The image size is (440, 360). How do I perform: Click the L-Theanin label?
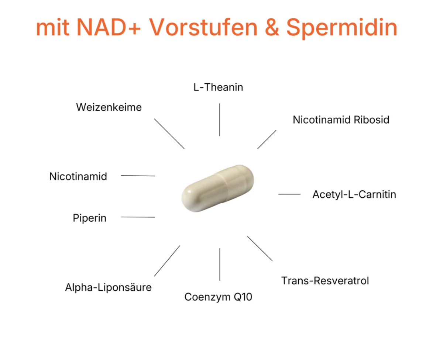click(x=218, y=87)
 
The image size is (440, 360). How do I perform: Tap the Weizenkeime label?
click(x=109, y=107)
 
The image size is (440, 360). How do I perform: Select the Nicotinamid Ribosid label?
click(x=341, y=120)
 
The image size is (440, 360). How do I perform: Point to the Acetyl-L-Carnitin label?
click(x=354, y=194)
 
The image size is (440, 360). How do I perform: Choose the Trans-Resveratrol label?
click(x=325, y=281)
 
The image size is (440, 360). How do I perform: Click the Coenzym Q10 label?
click(x=218, y=297)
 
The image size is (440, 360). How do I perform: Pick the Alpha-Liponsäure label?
click(x=108, y=288)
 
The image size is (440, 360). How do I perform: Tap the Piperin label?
click(x=90, y=218)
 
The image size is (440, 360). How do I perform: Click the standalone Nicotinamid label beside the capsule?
click(x=78, y=177)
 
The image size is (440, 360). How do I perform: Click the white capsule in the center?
click(x=218, y=188)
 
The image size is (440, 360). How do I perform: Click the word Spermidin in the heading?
click(x=341, y=28)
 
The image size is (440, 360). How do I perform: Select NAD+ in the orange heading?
click(x=108, y=27)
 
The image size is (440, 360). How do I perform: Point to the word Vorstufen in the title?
click(x=203, y=27)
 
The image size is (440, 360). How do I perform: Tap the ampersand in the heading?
click(x=272, y=27)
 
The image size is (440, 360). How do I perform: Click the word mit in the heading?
click(x=53, y=27)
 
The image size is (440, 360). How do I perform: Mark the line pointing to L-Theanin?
click(x=219, y=120)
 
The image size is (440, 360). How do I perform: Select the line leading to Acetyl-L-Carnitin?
click(x=289, y=194)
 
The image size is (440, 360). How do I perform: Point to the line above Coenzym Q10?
click(x=220, y=264)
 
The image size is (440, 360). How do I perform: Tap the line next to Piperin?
click(x=138, y=217)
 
